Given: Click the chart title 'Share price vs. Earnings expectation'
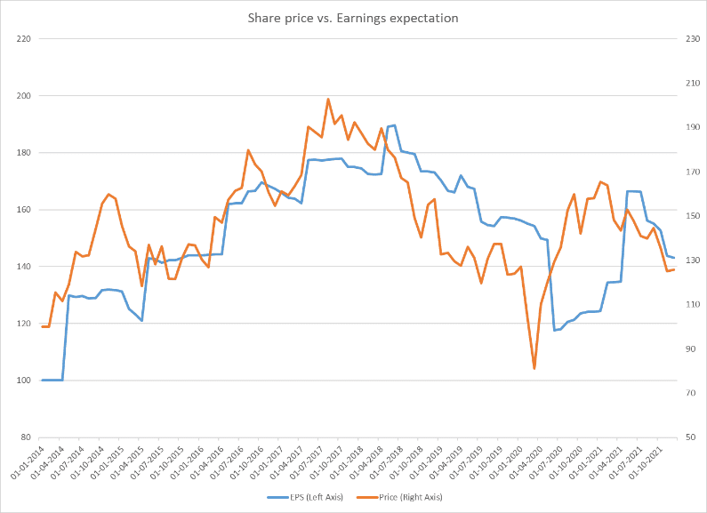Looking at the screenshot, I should coord(354,18).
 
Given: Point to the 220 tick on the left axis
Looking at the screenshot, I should coord(24,39).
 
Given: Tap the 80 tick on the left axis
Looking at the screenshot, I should coord(27,437).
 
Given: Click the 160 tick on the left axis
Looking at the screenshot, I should coord(24,210).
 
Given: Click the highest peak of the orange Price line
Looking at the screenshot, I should coord(328,99).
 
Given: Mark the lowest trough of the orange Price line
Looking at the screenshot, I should coord(534,368).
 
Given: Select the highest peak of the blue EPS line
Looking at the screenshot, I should coord(394,125).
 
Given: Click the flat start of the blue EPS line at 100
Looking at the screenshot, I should coord(52,381).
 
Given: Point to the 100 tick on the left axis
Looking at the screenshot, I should coord(24,381).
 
